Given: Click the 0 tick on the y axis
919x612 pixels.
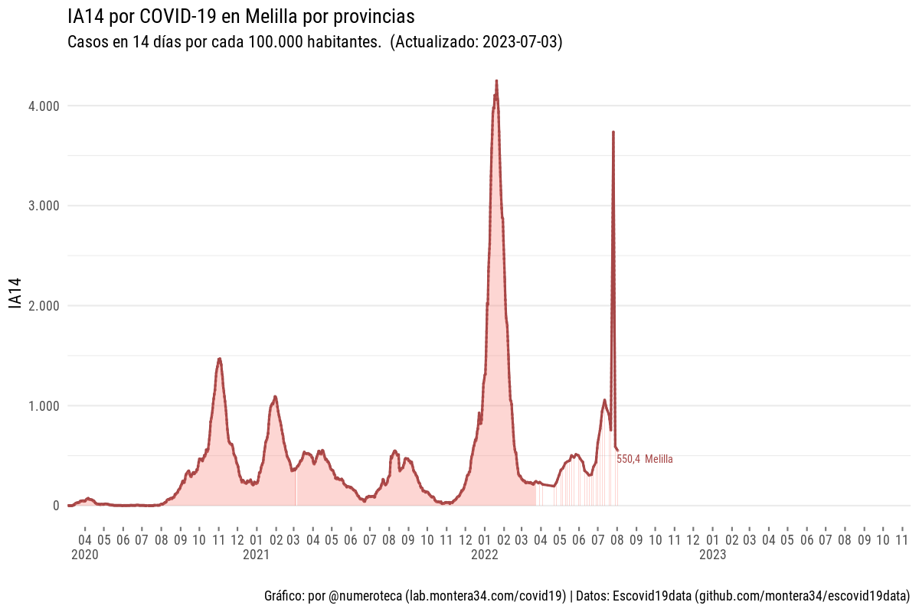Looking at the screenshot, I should tap(55, 506).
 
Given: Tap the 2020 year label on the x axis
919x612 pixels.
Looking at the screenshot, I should tap(84, 555).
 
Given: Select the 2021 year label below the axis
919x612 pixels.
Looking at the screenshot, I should tap(256, 555).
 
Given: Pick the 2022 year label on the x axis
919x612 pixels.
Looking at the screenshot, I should tap(485, 555).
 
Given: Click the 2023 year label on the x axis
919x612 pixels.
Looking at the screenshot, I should tap(712, 555).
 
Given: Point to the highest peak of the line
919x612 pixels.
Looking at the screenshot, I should tap(496, 80).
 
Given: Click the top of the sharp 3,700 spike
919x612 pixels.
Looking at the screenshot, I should tap(613, 132).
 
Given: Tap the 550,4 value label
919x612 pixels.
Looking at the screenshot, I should tap(628, 459).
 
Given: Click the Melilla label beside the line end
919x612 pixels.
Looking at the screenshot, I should tap(659, 459).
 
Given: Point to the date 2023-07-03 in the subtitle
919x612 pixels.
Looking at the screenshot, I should tap(521, 43).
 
